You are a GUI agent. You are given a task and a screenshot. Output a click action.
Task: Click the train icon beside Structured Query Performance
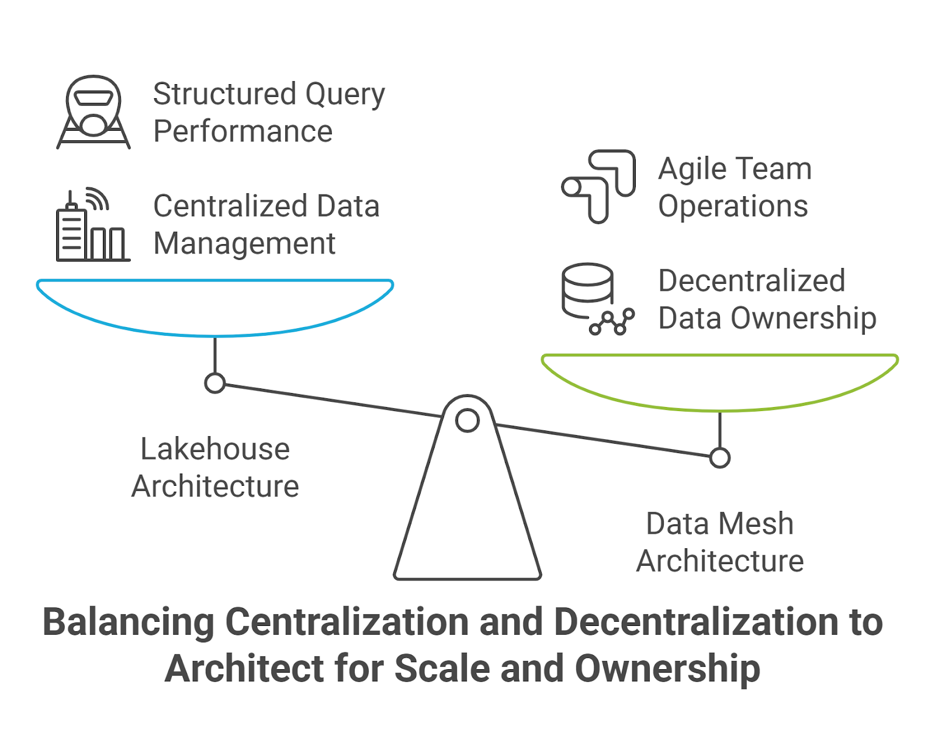click(93, 112)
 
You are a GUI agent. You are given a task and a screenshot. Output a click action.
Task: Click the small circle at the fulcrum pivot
click(467, 420)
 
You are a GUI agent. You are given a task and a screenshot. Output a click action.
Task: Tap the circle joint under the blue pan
click(215, 384)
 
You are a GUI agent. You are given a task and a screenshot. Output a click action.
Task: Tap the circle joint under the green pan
click(720, 458)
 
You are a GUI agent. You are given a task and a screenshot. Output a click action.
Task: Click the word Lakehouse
click(215, 450)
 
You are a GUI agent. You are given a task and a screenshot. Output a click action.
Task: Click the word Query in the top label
click(345, 95)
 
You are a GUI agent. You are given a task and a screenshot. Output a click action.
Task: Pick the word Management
click(244, 244)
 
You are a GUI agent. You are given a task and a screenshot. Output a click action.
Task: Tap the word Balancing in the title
click(129, 622)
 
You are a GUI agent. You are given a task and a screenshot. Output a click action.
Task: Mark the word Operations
click(733, 207)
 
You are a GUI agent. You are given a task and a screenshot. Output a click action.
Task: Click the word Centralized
click(230, 207)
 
